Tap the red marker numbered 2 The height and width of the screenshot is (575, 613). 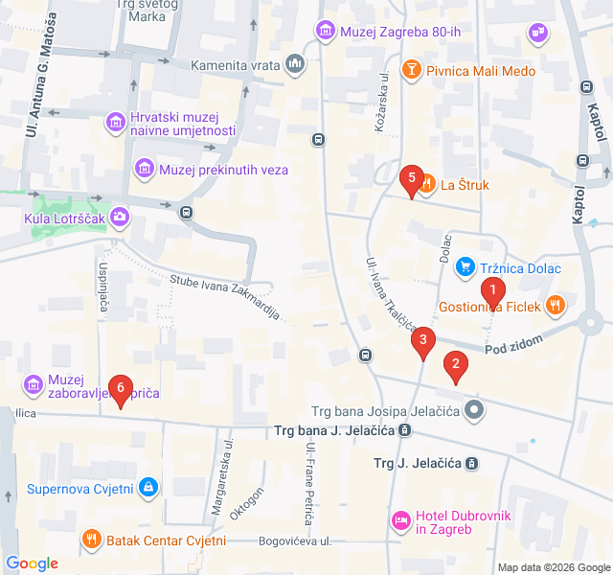click(456, 364)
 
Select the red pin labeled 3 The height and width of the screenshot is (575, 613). click(423, 339)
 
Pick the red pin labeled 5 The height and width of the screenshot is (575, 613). click(412, 177)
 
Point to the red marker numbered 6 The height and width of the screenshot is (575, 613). click(120, 387)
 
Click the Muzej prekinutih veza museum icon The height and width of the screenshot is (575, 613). click(145, 170)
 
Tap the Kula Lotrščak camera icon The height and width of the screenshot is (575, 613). click(120, 217)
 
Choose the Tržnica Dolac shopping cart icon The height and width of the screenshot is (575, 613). click(465, 267)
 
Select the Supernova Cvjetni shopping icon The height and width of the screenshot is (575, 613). click(148, 489)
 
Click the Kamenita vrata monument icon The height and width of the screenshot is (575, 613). click(295, 65)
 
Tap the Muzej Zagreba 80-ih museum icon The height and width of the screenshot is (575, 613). click(325, 31)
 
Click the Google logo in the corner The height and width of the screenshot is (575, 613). click(32, 563)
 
